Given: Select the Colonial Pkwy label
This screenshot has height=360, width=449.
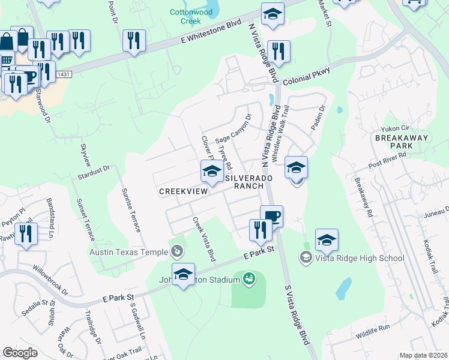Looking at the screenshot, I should [x=307, y=74].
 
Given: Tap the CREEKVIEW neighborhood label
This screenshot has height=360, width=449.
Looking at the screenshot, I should [x=182, y=191].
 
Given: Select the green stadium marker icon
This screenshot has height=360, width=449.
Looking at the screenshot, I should [x=249, y=278].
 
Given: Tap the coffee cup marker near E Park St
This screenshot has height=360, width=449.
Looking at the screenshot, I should [x=271, y=215].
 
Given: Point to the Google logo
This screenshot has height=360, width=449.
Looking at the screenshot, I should [x=20, y=352].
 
